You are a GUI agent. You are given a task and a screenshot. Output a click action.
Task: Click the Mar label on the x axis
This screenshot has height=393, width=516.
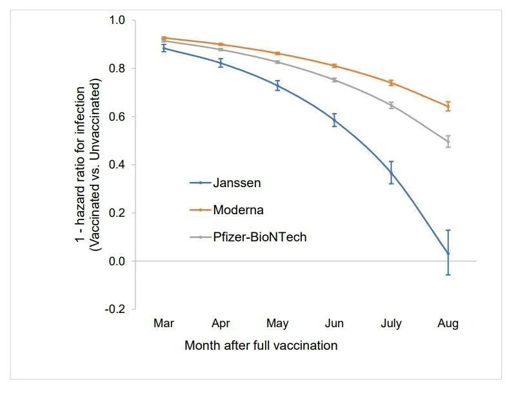point(164,324)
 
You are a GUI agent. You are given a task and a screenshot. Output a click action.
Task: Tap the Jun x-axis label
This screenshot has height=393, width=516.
point(334,324)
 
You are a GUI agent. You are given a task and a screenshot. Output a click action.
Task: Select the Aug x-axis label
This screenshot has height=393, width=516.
point(448,324)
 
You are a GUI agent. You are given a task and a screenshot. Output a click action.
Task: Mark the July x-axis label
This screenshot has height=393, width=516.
point(391,324)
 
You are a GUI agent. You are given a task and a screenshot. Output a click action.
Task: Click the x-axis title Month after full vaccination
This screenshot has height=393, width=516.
point(261,345)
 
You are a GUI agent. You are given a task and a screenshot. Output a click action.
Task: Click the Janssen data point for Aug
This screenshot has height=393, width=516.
point(448,254)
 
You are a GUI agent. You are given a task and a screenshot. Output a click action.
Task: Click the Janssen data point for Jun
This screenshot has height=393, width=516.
point(334,120)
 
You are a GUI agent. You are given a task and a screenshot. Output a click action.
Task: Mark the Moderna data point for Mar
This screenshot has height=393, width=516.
point(164,38)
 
